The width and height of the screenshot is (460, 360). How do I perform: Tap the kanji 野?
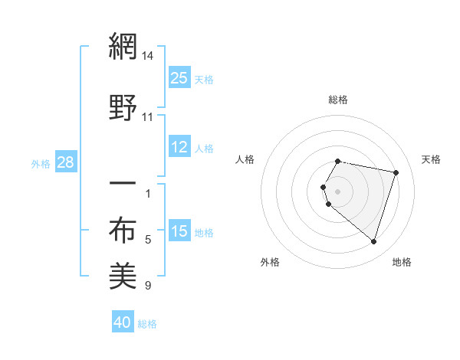(123, 108)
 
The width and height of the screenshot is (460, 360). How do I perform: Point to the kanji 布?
(123, 231)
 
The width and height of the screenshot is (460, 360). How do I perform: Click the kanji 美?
(123, 276)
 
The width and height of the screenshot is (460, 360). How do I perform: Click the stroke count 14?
(148, 55)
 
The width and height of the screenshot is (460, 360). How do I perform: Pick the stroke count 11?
(148, 117)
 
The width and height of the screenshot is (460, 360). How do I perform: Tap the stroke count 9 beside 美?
(148, 286)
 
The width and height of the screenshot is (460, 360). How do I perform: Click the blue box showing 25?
(179, 78)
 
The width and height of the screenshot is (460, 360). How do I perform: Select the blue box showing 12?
(179, 148)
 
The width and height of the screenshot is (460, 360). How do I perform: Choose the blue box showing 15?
(179, 232)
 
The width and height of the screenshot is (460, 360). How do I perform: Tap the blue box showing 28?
(64, 163)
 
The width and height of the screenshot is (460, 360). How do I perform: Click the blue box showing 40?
(123, 323)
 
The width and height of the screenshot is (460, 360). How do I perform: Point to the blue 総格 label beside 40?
(148, 324)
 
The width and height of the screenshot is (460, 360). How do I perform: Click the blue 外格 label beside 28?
(41, 164)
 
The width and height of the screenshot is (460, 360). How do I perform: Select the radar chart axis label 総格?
(338, 100)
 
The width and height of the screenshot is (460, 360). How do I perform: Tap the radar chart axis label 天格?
(431, 159)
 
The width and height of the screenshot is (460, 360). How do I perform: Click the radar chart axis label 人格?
(245, 159)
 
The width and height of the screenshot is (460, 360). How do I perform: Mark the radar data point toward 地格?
(373, 242)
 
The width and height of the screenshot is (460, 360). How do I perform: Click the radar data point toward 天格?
(396, 172)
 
